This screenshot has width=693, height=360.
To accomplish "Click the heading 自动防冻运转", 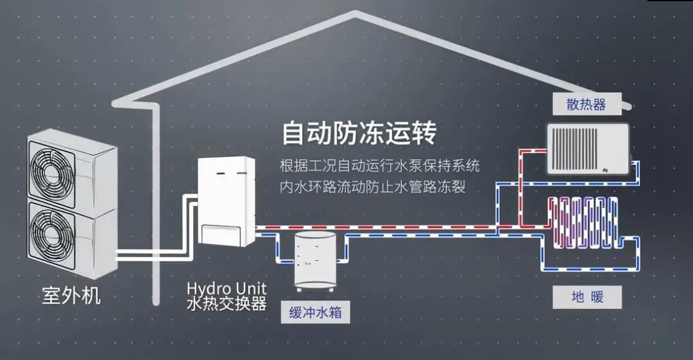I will click(x=359, y=134).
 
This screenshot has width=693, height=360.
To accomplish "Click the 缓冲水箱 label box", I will click(x=314, y=313).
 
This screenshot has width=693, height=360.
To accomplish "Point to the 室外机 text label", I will click(x=71, y=296).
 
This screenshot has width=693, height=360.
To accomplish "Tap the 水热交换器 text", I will click(x=227, y=303).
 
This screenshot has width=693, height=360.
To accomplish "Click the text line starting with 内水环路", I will click(x=372, y=187).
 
